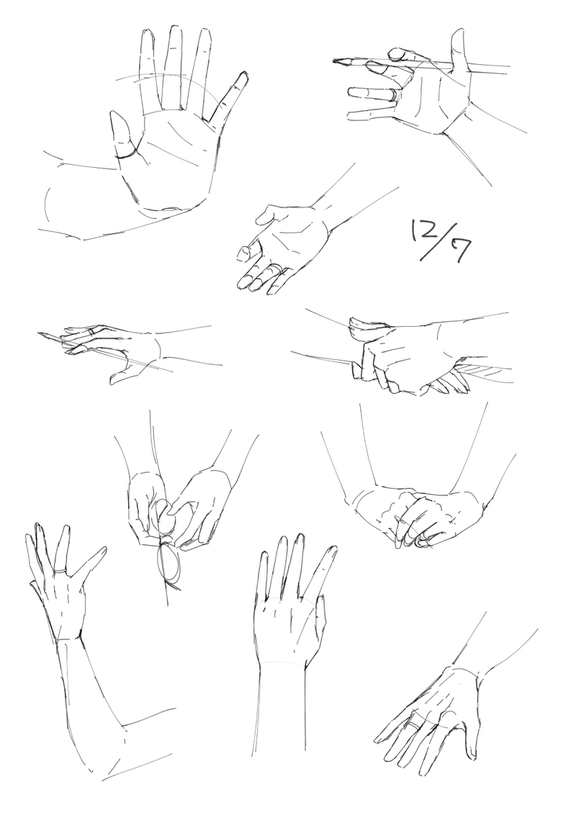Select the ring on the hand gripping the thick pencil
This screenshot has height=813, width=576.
click(x=395, y=94)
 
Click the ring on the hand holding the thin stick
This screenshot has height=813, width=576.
click(x=91, y=331)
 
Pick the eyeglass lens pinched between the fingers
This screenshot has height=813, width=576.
click(x=166, y=518)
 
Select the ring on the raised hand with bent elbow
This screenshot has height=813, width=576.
click(x=60, y=571)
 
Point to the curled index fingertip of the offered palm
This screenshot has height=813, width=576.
click(x=243, y=253)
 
